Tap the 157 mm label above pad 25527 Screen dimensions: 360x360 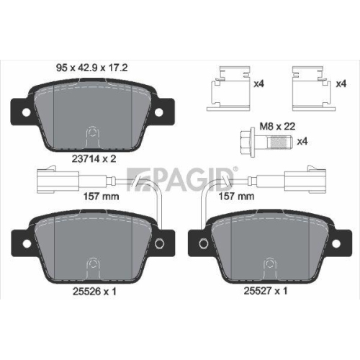(237, 194)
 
